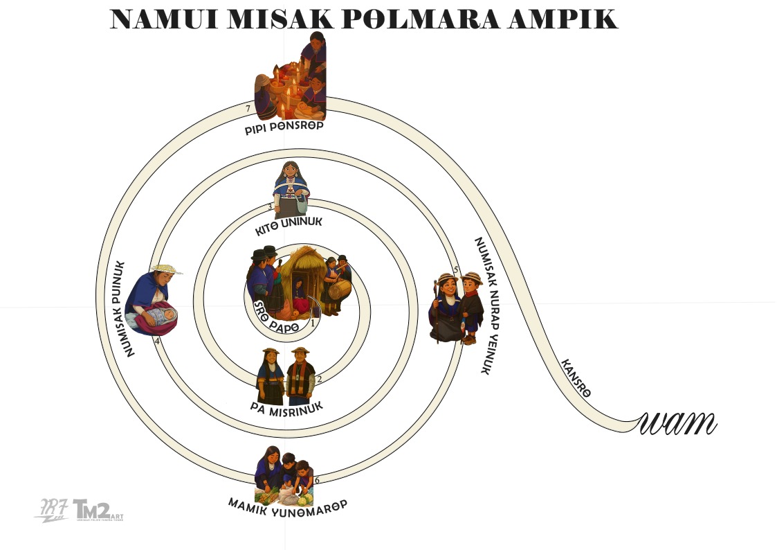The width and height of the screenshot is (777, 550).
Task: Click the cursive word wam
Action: (679, 422)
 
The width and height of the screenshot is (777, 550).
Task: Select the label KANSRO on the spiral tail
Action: (576, 378)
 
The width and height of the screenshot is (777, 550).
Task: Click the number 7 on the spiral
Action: (248, 109)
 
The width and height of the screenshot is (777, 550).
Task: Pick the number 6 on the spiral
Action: (317, 480)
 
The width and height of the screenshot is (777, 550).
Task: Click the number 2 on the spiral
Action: (319, 378)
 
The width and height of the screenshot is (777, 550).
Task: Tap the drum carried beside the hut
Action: (337, 290)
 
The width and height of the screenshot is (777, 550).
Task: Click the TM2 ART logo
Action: (97, 510)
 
